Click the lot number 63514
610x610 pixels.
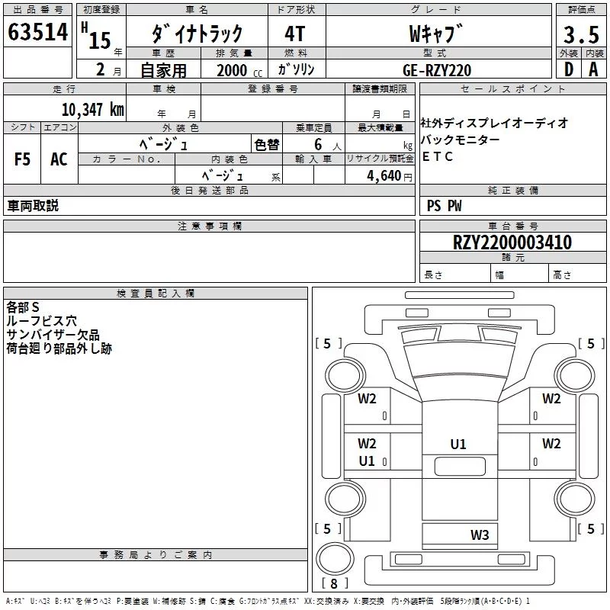click(37, 32)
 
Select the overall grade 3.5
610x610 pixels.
click(581, 34)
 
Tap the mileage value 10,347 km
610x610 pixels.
click(92, 110)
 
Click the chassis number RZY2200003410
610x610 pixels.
click(512, 242)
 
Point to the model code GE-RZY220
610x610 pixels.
click(437, 70)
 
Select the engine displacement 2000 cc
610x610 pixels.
click(239, 70)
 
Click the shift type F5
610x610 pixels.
click(22, 159)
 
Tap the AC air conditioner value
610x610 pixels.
click(59, 159)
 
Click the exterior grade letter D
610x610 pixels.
click(569, 69)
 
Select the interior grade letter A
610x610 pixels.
click(593, 69)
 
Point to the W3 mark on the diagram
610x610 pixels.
click(480, 535)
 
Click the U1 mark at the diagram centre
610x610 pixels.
click(458, 445)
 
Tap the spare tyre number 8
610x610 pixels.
click(334, 583)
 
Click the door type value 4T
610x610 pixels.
click(294, 34)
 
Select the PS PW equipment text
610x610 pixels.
click(444, 206)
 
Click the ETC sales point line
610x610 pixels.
click(437, 156)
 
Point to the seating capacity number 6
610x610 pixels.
click(318, 144)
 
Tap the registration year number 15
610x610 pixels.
click(100, 40)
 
